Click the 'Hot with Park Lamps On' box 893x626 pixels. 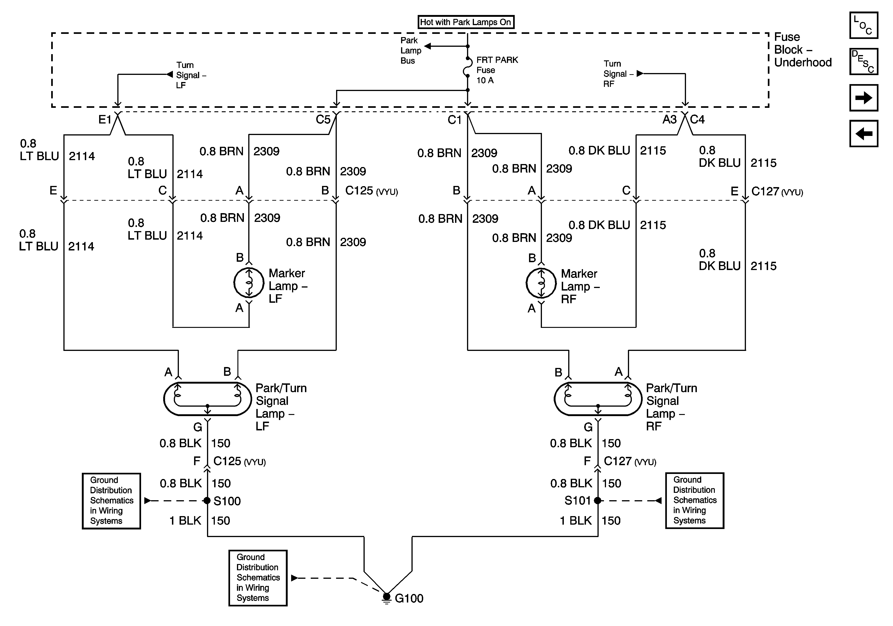pyautogui.click(x=466, y=22)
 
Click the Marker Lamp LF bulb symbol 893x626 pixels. pyautogui.click(x=249, y=283)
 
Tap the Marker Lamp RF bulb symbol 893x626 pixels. pyautogui.click(x=541, y=283)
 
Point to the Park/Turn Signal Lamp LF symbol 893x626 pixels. pyautogui.click(x=207, y=399)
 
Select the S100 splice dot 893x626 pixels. pyautogui.click(x=207, y=500)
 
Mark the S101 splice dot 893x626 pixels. pyautogui.click(x=598, y=500)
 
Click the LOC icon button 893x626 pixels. pyautogui.click(x=863, y=25)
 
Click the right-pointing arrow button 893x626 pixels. pyautogui.click(x=863, y=98)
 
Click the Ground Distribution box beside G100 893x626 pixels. pyautogui.click(x=258, y=578)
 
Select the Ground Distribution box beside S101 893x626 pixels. pyautogui.click(x=695, y=500)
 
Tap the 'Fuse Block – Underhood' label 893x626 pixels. pyautogui.click(x=803, y=50)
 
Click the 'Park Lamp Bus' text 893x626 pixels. pyautogui.click(x=411, y=50)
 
